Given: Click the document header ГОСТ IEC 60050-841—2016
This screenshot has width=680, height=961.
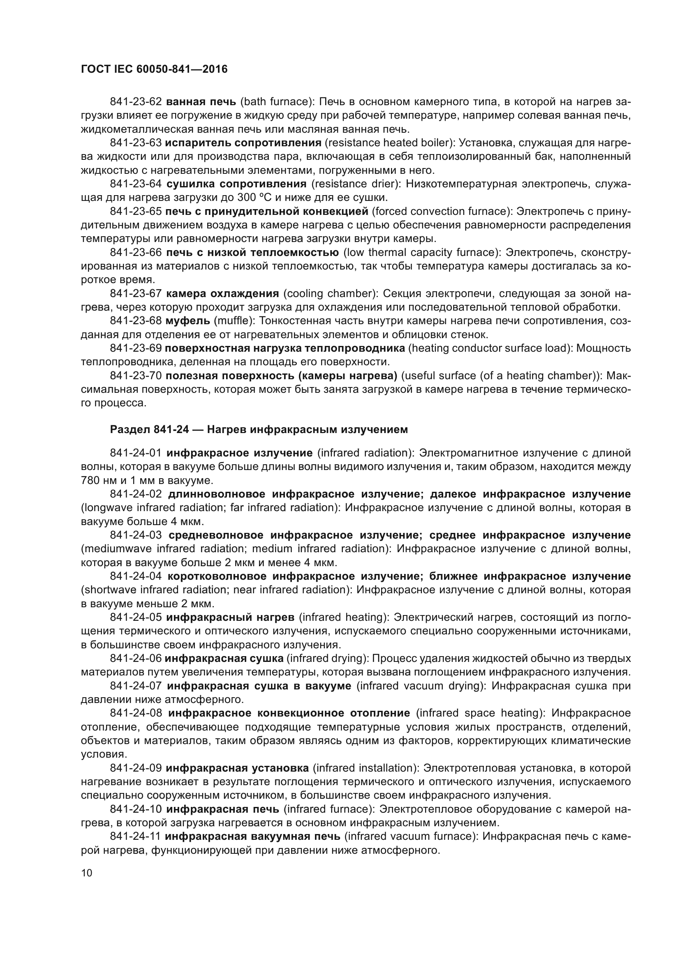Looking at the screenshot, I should [154, 69].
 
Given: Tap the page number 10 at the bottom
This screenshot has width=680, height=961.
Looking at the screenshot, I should [86, 873].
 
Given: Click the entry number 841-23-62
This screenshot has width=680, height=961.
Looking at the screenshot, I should [136, 102].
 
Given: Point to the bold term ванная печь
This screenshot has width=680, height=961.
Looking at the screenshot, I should [201, 102].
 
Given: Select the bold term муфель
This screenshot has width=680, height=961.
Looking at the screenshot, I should [188, 321].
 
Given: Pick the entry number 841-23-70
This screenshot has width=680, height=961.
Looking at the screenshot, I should [136, 376].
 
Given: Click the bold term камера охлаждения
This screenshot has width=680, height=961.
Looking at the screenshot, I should [222, 294].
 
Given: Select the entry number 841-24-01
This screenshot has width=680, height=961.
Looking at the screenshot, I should [136, 453].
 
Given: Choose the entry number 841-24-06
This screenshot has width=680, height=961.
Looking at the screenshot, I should [136, 658].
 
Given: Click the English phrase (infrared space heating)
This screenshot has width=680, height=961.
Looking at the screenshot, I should [479, 713].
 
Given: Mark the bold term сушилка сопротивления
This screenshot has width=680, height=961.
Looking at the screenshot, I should [236, 184].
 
